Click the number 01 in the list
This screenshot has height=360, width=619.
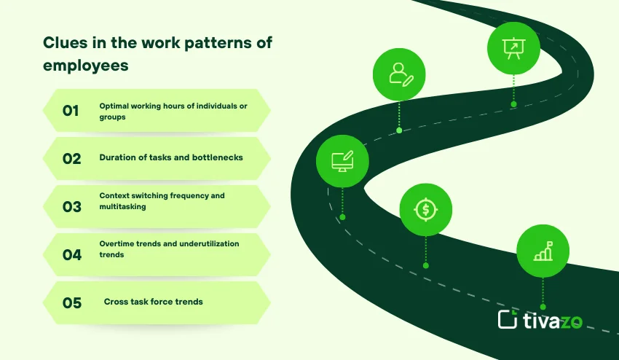tap(71, 111)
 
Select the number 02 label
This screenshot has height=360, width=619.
tap(71, 158)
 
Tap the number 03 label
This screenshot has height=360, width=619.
tap(71, 206)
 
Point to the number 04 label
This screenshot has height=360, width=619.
tap(71, 254)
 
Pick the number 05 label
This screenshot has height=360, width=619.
tap(71, 302)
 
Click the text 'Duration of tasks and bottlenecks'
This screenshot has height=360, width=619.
tap(171, 157)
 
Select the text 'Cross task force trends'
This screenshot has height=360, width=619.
tap(153, 302)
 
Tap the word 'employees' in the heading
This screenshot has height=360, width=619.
tap(85, 65)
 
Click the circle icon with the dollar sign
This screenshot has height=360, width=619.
tap(426, 210)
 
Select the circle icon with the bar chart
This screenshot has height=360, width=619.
tap(543, 251)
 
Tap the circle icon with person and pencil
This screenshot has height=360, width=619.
tap(399, 74)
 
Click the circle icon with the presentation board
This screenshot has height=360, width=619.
tap(513, 48)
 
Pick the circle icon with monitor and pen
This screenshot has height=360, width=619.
tap(342, 160)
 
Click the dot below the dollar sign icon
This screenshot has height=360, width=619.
tap(426, 265)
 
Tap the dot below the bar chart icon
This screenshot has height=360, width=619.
tap(543, 307)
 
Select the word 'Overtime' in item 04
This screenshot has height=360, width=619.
tap(117, 243)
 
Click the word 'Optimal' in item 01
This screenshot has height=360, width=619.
tap(115, 106)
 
